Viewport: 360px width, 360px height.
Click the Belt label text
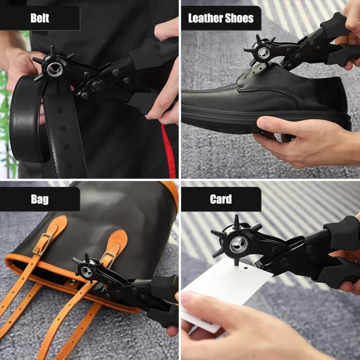[x=39, y=18]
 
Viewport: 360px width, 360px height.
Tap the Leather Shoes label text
[x=220, y=18]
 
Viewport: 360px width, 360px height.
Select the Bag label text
[x=39, y=199]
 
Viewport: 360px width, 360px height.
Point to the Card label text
[x=220, y=199]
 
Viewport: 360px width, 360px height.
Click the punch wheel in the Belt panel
[x=54, y=69]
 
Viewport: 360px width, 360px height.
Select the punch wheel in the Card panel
[x=237, y=244]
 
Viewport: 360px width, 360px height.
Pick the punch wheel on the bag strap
[x=86, y=271]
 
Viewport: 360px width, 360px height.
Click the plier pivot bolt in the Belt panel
[x=97, y=85]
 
